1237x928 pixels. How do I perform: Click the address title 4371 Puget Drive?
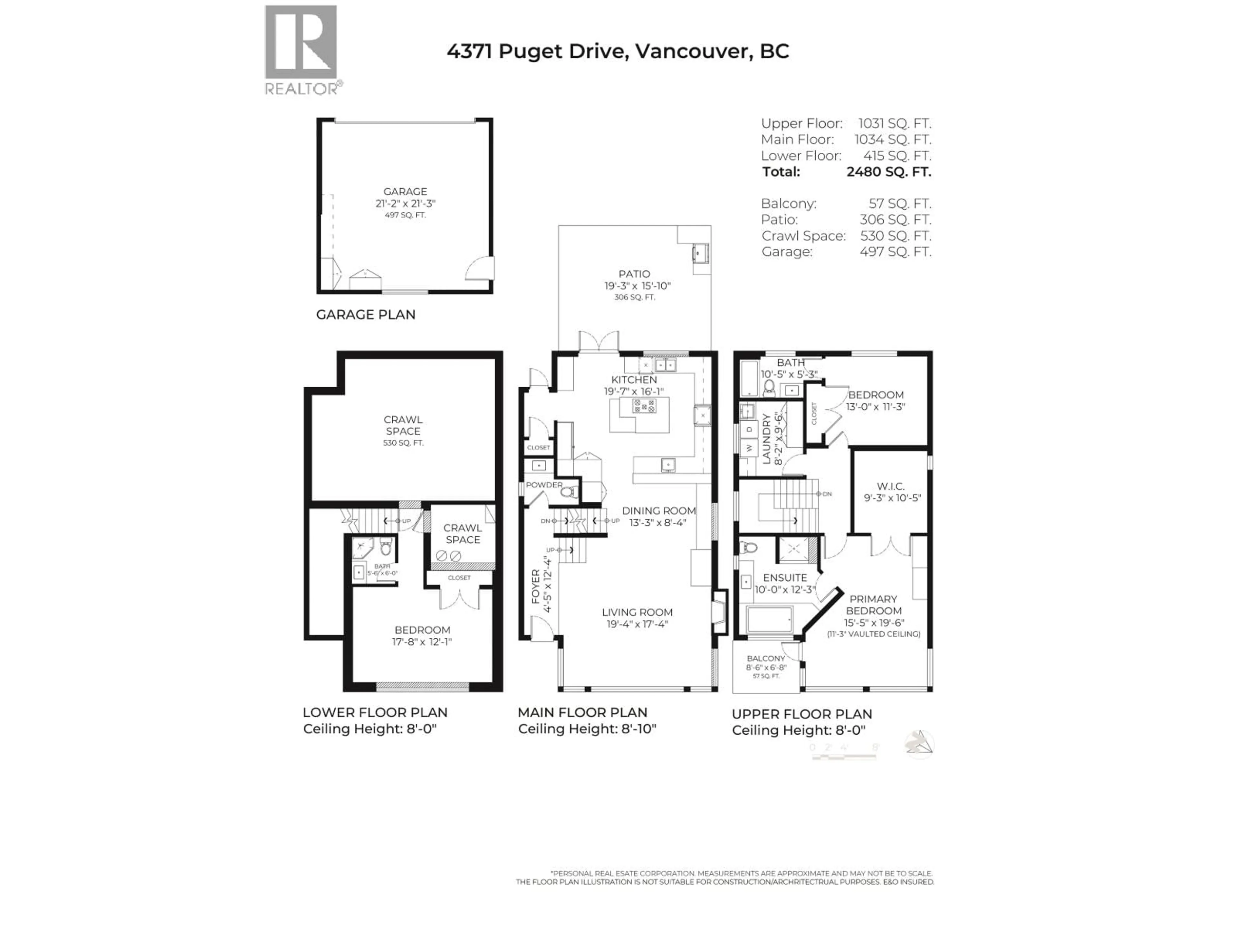pyautogui.click(x=618, y=52)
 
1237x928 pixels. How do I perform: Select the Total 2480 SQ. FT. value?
pyautogui.click(x=888, y=172)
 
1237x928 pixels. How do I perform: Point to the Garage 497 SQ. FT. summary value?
pyautogui.click(x=895, y=252)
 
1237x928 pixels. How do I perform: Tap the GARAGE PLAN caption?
pyautogui.click(x=365, y=314)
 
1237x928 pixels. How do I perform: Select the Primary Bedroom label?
pyautogui.click(x=873, y=605)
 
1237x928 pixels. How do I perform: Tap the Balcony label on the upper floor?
pyautogui.click(x=766, y=658)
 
